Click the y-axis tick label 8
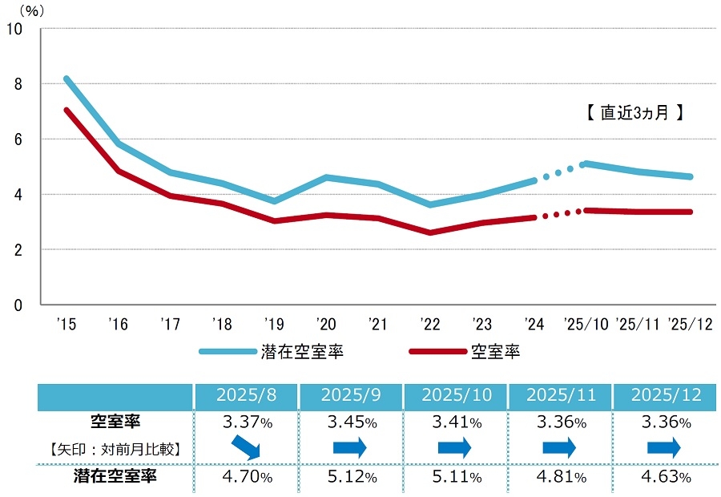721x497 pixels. pos(17,84)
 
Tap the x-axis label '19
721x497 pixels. pos(274,325)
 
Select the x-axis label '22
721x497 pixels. pos(431,325)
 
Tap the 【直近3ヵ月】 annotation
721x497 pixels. pos(634,113)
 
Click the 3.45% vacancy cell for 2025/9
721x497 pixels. pos(350,422)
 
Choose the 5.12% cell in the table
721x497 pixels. pos(350,477)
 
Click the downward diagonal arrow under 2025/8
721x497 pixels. pos(246,449)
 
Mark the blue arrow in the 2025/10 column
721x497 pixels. pos(454,449)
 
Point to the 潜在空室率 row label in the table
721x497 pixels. pos(116,477)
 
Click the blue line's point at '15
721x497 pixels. pos(66,79)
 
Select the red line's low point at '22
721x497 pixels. pos(432,232)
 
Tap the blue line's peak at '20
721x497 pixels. pos(326,177)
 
